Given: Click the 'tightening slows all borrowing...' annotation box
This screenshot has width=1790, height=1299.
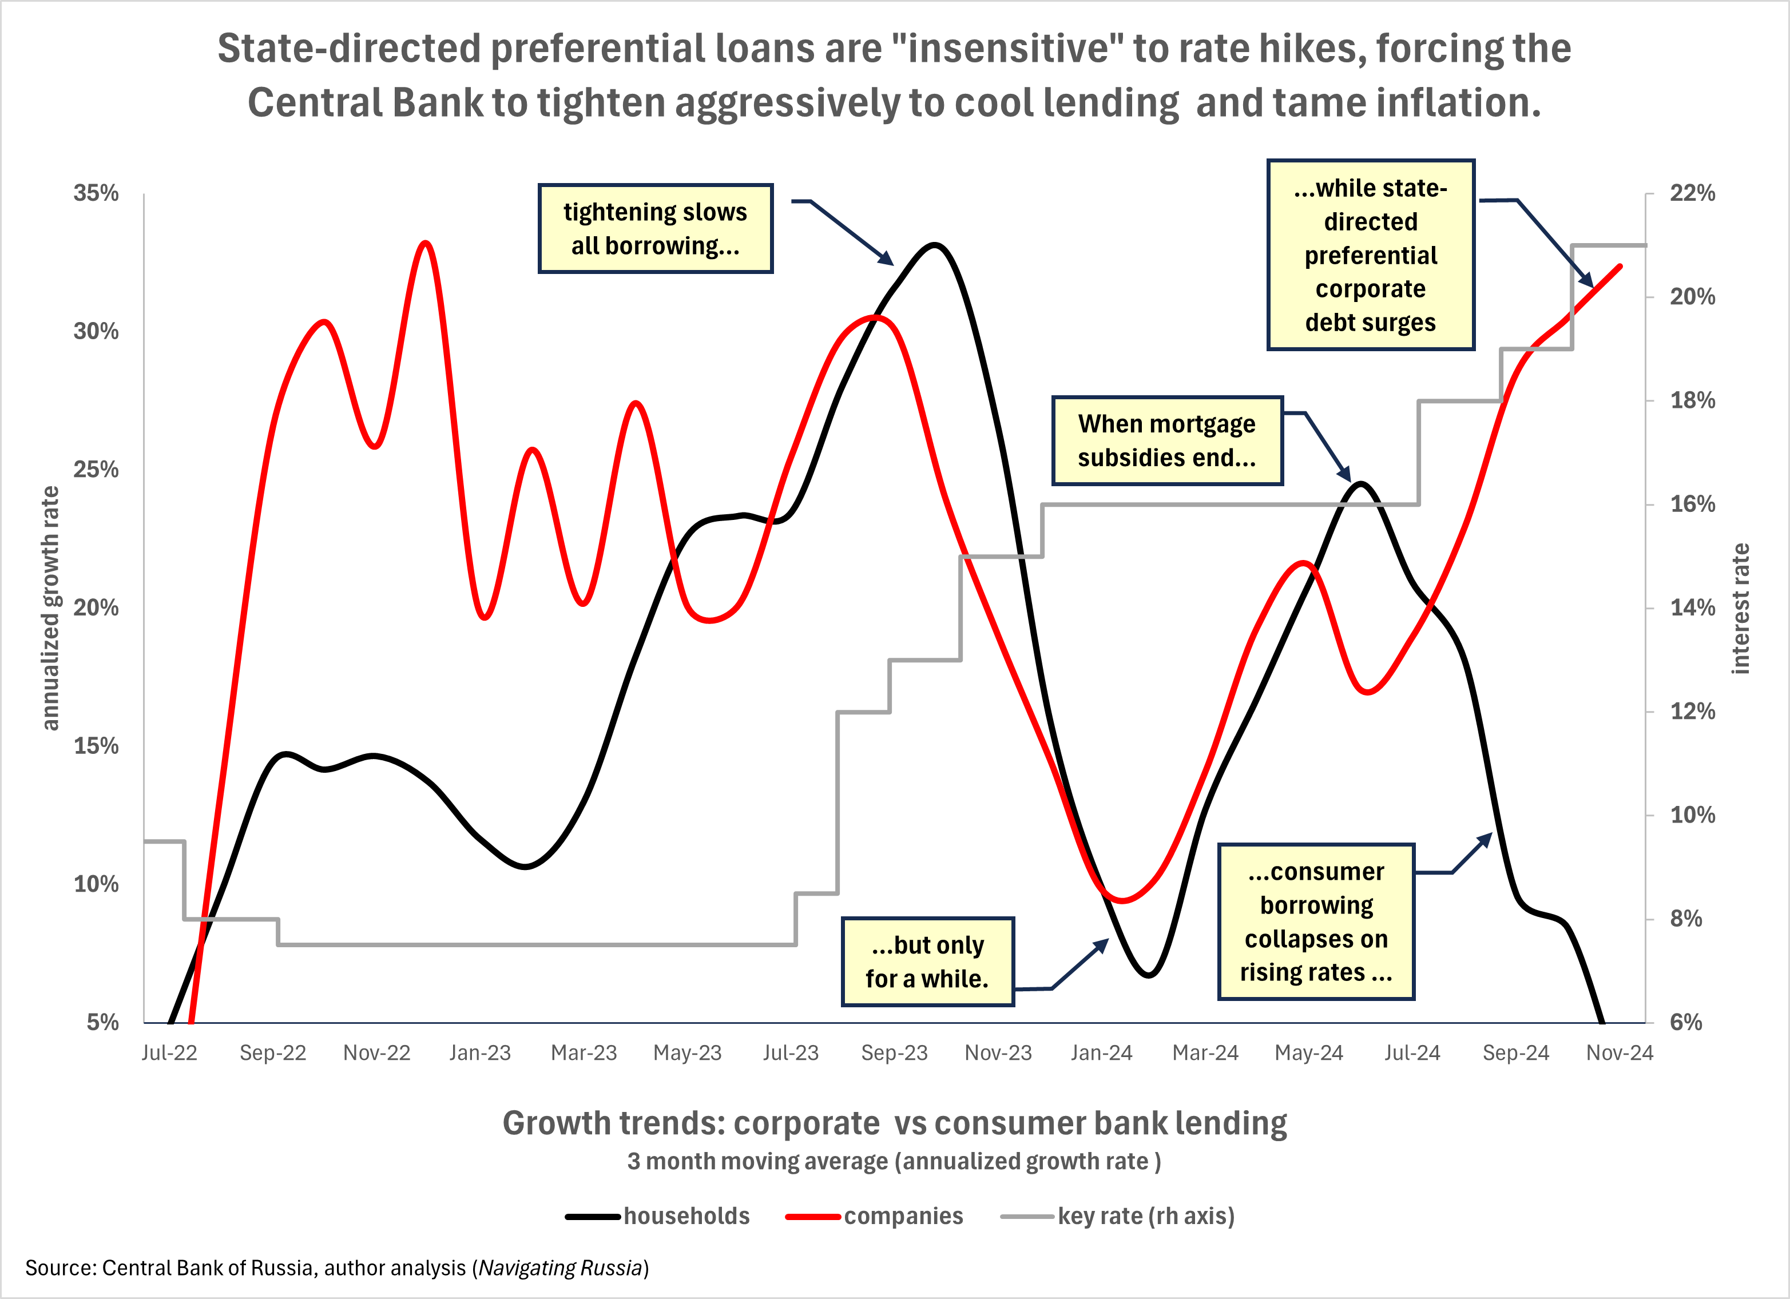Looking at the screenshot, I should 655,229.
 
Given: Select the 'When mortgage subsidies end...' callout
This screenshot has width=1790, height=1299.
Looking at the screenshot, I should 1166,440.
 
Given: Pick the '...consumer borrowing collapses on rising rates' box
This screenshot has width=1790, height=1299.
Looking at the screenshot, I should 1316,921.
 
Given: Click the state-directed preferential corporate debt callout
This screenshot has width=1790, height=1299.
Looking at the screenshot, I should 1370,255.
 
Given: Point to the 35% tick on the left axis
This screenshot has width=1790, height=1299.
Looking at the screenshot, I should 96,193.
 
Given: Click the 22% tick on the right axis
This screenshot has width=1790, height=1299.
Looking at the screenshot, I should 1692,193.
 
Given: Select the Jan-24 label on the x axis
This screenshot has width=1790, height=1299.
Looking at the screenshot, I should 1101,1053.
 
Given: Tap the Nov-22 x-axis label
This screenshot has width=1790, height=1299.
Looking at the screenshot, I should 376,1053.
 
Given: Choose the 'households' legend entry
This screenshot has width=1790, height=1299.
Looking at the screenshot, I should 686,1216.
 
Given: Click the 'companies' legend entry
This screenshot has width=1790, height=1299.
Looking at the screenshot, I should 903,1216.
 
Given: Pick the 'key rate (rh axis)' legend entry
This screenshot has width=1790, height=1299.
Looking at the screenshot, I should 1145,1216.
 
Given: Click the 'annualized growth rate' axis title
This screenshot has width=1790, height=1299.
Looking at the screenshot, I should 50,607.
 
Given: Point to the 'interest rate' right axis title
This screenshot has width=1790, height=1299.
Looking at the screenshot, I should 1740,607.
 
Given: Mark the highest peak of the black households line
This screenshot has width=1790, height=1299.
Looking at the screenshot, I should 934,245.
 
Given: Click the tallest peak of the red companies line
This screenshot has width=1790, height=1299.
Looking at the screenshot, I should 426,243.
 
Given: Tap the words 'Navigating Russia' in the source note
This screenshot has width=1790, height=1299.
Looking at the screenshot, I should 561,1268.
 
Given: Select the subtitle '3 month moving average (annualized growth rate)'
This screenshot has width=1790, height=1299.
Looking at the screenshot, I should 894,1162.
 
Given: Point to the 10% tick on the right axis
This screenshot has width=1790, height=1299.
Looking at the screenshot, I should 1692,815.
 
